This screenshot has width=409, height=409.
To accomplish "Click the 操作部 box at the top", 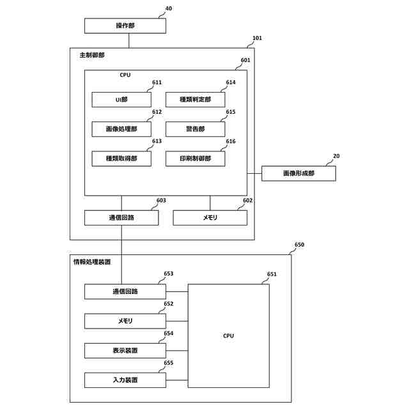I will [125, 26].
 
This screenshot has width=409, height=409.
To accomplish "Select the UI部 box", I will [121, 100].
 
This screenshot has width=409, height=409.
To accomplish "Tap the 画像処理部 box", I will [121, 129].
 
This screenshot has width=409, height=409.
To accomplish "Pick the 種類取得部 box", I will [121, 158].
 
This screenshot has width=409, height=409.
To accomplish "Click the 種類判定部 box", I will [195, 100].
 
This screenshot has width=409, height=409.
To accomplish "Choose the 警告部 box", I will [195, 129].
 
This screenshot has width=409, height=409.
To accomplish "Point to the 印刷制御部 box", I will [195, 158].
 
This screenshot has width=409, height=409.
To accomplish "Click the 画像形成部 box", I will [298, 173].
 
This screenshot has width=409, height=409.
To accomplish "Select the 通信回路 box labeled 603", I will [121, 218].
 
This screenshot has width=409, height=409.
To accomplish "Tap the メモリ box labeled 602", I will [210, 218].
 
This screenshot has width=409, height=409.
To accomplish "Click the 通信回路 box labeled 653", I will [125, 291].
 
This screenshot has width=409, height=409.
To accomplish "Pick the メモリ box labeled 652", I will [125, 321].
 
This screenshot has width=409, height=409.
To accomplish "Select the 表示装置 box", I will [125, 350].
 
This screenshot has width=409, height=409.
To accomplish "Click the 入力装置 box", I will [125, 380].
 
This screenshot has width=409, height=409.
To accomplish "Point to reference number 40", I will [169, 8].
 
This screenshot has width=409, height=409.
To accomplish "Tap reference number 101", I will [257, 38].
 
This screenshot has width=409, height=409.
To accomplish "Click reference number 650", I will [299, 245].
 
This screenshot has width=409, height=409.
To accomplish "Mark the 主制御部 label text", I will [92, 55].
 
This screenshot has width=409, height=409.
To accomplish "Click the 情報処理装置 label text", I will [92, 262].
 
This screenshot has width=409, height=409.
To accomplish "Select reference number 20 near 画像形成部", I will [336, 156].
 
